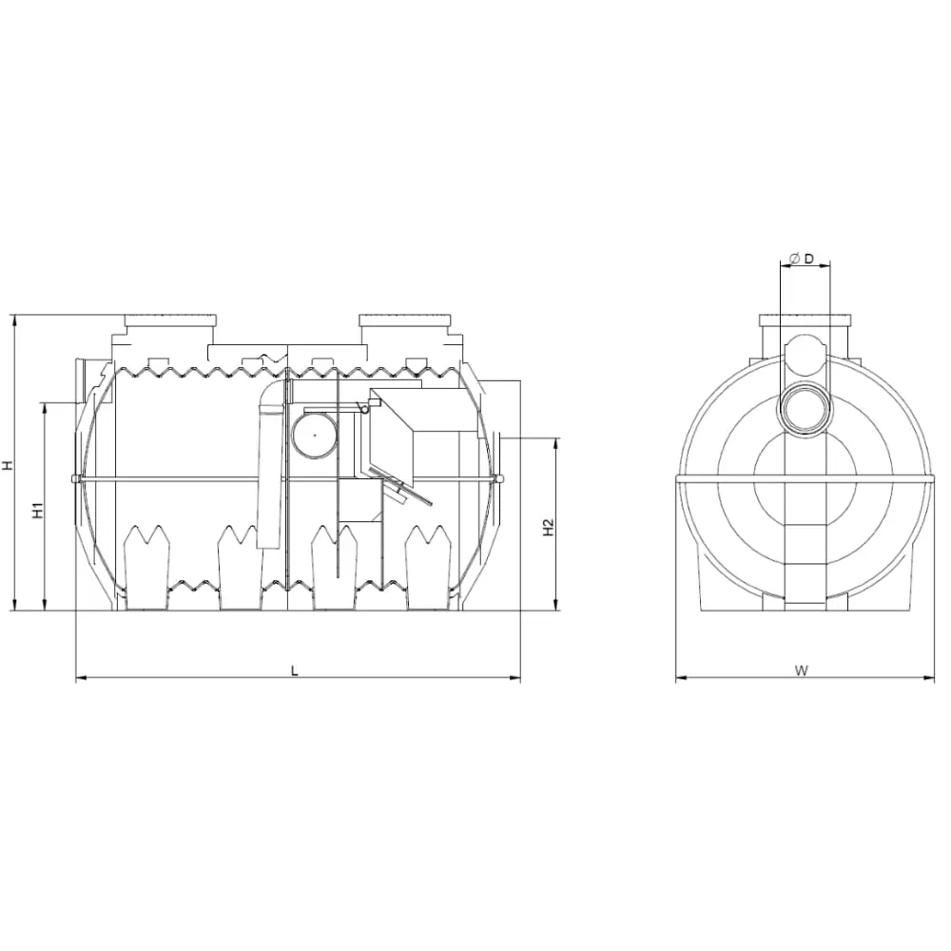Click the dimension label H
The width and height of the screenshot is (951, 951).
[x=8, y=465]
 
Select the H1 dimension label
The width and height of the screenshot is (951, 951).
[x=38, y=510]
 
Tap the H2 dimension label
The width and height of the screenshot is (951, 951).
[x=549, y=527]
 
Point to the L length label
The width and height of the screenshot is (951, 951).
[x=295, y=670]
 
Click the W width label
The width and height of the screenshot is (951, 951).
[x=802, y=670]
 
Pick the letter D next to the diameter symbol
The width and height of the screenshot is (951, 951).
[x=808, y=259]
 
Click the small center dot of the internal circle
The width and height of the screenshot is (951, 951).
[x=315, y=435]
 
